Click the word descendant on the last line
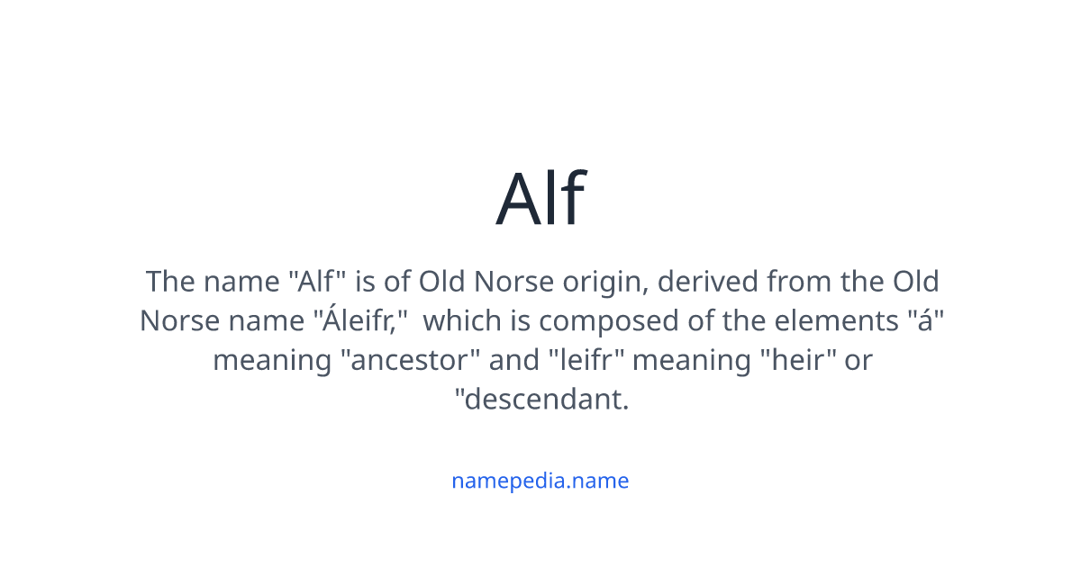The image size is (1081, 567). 544,400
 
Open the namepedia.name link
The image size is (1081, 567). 540,481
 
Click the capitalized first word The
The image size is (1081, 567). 170,282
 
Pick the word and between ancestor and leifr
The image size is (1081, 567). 513,361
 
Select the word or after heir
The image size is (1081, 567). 859,361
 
